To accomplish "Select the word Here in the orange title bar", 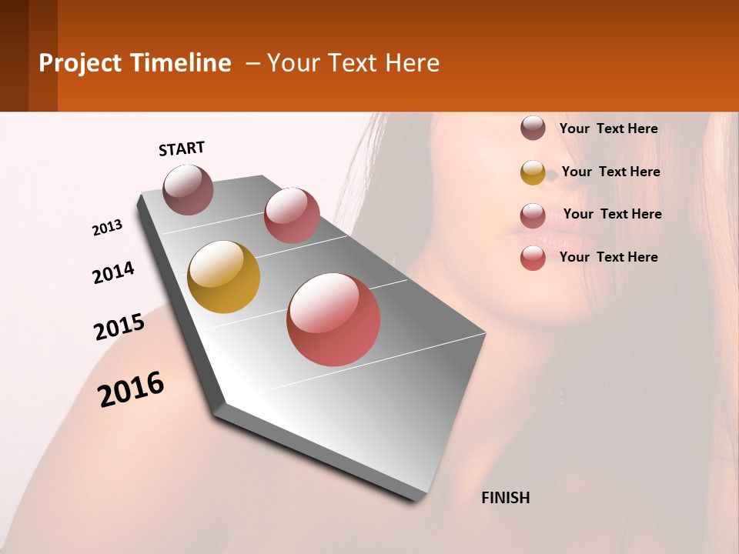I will point(412,63).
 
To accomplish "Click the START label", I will point(182,149).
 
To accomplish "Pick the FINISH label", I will point(506,498).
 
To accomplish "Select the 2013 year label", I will point(107,228).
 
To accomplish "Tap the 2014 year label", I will point(113,272).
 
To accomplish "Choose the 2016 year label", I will point(131,389).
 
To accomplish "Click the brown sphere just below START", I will point(189,189).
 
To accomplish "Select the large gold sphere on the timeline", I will point(224,277).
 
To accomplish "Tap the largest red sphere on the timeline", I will point(333,319).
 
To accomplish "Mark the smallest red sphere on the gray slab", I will point(292,215).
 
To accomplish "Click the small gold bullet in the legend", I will point(533,172).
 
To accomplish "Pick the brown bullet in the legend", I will point(533,128).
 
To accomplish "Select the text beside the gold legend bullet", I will point(610,172).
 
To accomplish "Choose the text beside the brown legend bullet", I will point(608,128).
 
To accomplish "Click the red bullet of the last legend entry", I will point(533,258).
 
